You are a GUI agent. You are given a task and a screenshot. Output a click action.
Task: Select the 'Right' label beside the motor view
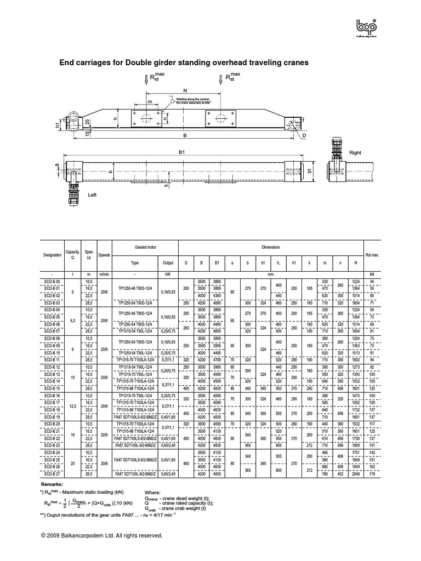click(x=356, y=154)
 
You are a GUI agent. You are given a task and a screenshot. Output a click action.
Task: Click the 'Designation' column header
click(x=52, y=255)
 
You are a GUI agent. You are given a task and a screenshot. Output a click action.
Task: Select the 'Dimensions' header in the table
click(x=271, y=248)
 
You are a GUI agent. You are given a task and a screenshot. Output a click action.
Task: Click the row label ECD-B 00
click(x=52, y=281)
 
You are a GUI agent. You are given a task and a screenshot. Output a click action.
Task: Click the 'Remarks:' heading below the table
click(x=53, y=485)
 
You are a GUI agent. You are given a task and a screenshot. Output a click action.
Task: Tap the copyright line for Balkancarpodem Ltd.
click(x=102, y=535)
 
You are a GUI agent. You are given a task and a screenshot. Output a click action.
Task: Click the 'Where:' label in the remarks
click(x=152, y=493)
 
